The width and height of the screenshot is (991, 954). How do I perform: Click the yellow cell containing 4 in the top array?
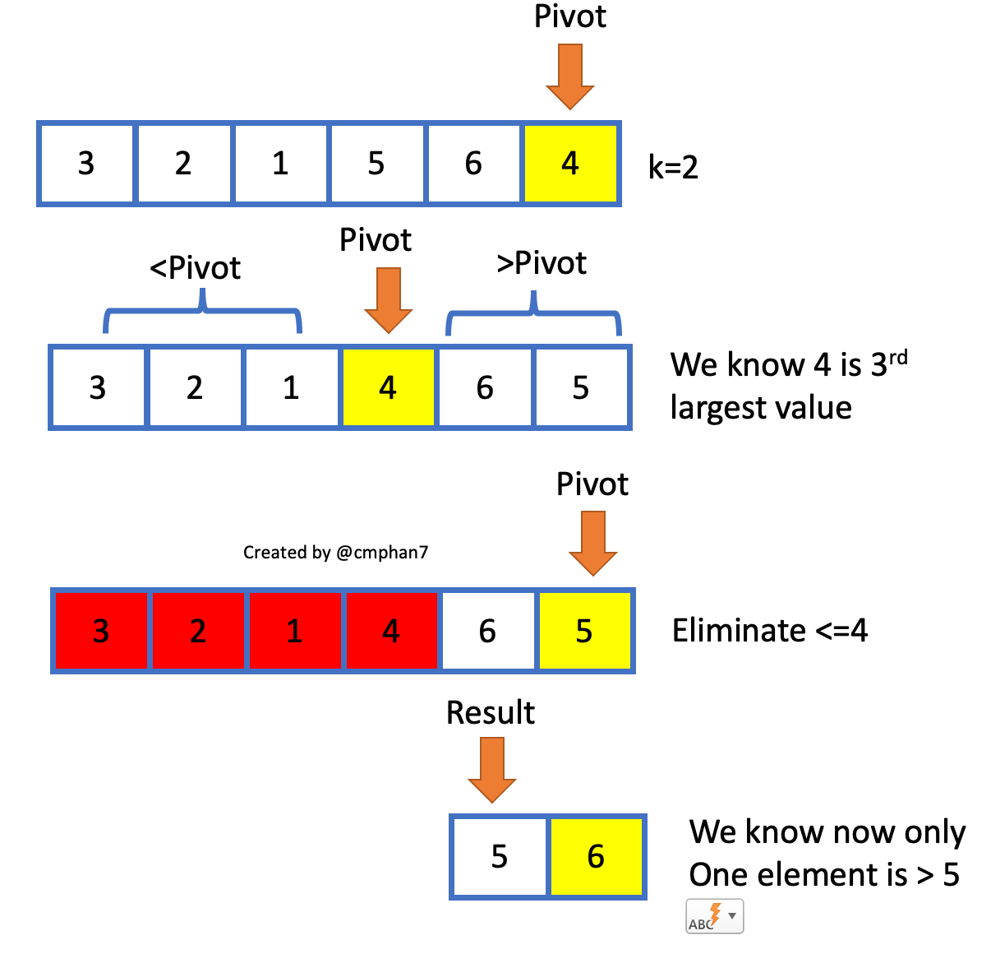570,163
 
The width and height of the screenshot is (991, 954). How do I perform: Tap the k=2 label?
673,168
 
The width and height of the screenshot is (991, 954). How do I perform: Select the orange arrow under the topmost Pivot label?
570,76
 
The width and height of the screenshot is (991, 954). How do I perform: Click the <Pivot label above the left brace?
196,268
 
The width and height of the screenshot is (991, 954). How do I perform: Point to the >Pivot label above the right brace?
542,263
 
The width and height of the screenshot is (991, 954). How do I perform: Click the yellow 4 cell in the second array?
388,387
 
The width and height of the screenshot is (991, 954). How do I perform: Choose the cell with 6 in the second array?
485,387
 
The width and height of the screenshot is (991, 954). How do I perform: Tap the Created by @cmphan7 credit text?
335,553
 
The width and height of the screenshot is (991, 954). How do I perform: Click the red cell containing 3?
101,631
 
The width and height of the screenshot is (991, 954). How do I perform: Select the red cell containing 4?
391,631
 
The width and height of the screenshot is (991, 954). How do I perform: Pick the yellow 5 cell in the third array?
584,631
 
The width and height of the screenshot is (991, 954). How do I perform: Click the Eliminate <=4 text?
770,631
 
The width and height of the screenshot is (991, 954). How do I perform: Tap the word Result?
491,712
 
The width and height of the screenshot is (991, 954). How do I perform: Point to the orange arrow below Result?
492,769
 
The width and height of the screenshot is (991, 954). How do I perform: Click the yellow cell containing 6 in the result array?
596,857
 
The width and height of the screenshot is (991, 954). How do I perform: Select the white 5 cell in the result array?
500,857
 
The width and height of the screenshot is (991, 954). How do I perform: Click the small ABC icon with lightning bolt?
714,917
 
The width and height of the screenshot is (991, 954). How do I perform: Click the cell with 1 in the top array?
281,163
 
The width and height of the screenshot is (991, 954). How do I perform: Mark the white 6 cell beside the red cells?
487,631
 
